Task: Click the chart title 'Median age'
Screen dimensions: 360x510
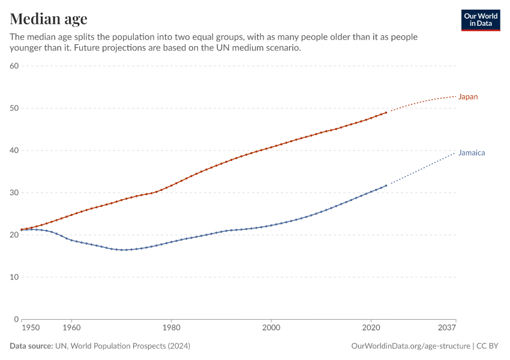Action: coord(49,19)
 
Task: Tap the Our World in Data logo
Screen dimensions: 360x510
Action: coord(480,20)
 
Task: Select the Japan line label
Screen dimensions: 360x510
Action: coord(468,97)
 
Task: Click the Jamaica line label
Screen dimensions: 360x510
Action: coord(471,153)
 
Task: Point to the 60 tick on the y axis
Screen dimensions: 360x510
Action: coord(14,66)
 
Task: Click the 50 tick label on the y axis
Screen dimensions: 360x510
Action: coord(14,108)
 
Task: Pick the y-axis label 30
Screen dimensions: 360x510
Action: coord(14,193)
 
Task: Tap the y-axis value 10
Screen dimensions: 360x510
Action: coord(14,277)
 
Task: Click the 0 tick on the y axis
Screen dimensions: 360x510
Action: coord(17,319)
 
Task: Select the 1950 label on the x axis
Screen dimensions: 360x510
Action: coord(30,328)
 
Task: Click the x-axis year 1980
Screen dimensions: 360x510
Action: coord(172,328)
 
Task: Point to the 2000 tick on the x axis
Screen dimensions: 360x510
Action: coord(271,328)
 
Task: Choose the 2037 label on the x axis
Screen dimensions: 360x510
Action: coord(446,328)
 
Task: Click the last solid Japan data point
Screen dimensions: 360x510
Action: coord(386,113)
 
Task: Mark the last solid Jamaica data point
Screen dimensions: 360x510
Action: coord(386,185)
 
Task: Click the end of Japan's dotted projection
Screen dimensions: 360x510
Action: coord(455,97)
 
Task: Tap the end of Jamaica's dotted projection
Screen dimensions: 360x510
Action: coord(455,153)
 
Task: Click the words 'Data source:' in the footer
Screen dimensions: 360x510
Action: coord(31,346)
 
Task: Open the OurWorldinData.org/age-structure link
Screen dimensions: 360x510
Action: coord(410,346)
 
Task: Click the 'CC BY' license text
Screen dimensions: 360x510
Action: coord(488,346)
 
